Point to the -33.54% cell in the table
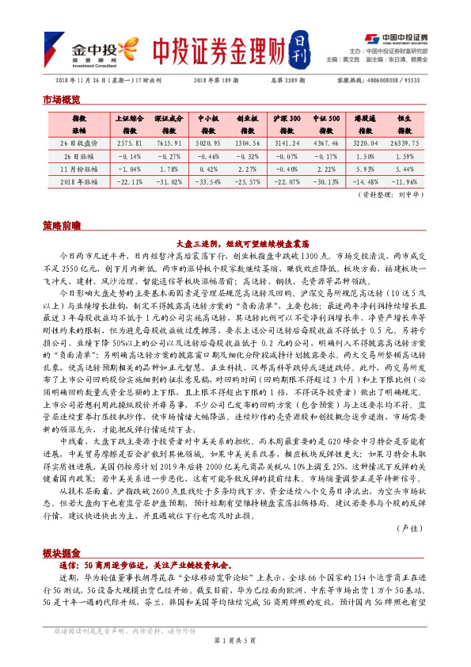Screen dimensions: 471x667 pyautogui.click(x=208, y=181)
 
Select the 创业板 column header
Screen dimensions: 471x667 pyautogui.click(x=248, y=117)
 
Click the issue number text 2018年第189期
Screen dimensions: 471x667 pyautogui.click(x=217, y=81)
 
